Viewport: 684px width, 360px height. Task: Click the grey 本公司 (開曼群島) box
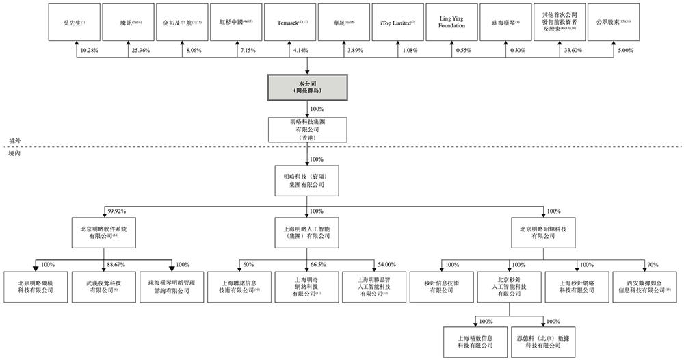307,87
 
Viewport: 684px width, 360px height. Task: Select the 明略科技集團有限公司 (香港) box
307,129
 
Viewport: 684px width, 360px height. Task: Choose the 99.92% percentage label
116,211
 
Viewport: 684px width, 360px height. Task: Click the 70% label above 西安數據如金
653,264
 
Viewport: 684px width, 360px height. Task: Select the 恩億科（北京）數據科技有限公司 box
544,341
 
